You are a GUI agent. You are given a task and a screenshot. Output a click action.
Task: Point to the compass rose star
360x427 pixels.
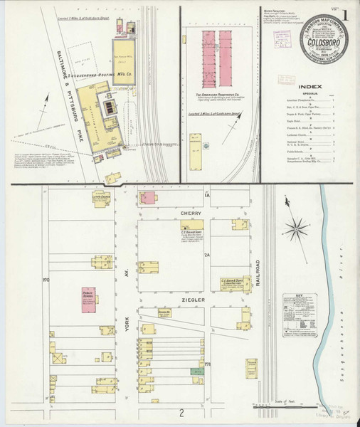296,228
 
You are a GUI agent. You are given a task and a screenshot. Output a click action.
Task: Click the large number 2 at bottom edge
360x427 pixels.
181,413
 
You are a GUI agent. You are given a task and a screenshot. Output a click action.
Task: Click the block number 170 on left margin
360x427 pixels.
46,279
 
